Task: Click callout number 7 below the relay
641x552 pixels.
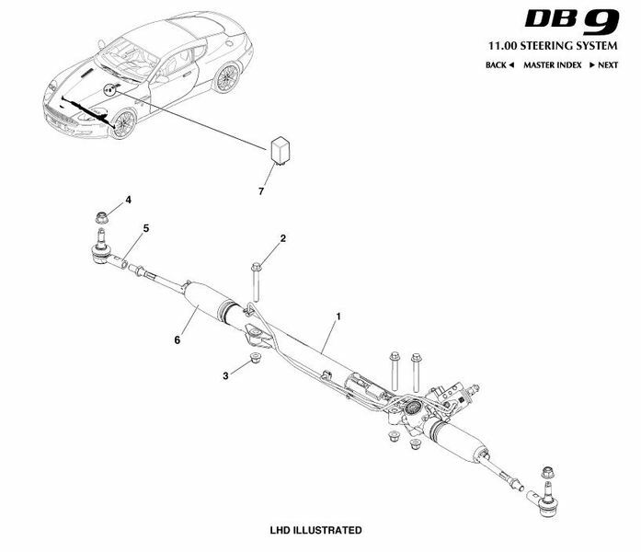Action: coord(261,191)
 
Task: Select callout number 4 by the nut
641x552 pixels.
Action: coord(129,200)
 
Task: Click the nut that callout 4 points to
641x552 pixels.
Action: coord(102,217)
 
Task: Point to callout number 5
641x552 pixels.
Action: coord(146,228)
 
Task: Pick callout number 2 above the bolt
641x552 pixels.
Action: coord(283,238)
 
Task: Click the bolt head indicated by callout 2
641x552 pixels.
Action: coord(256,267)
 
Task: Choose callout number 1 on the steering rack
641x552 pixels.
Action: coord(338,316)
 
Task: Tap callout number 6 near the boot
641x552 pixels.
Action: coord(177,339)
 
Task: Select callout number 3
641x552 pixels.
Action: coord(225,375)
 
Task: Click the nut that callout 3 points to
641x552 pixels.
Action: coord(256,358)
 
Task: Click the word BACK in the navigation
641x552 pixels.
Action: coord(496,65)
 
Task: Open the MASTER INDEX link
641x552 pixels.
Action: coord(553,65)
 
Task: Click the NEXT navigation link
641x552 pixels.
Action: coord(608,65)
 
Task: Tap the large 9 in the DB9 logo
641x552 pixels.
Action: coord(601,22)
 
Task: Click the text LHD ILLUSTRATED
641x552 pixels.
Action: coord(315,530)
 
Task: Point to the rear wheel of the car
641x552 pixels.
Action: coord(226,77)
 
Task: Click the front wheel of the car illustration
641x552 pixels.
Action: coord(123,123)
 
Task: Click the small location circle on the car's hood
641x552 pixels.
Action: coord(110,89)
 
